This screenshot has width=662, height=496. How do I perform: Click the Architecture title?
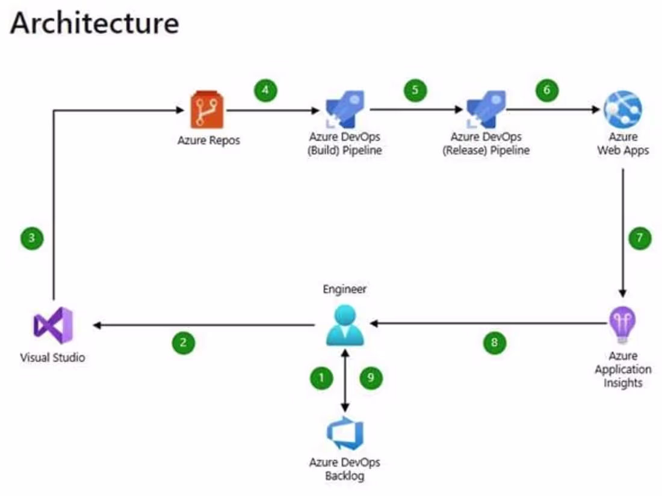pos(94,23)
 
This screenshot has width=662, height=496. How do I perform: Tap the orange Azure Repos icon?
pos(206,110)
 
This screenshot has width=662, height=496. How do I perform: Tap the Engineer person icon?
pos(345,325)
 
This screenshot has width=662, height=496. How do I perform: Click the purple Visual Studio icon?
pos(53,325)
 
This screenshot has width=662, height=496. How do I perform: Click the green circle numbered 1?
pos(321,378)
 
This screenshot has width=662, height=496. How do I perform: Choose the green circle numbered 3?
pos(31,238)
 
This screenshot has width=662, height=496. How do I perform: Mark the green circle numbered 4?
pos(265,91)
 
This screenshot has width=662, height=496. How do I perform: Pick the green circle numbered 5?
pos(415,91)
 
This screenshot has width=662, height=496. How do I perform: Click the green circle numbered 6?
pos(547,91)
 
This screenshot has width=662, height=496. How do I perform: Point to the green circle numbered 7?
pos(640,238)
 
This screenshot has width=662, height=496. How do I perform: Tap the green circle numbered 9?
pos(371,378)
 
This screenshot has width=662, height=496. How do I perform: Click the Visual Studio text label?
pos(53,358)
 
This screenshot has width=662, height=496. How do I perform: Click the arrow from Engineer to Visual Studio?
pos(205,325)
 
